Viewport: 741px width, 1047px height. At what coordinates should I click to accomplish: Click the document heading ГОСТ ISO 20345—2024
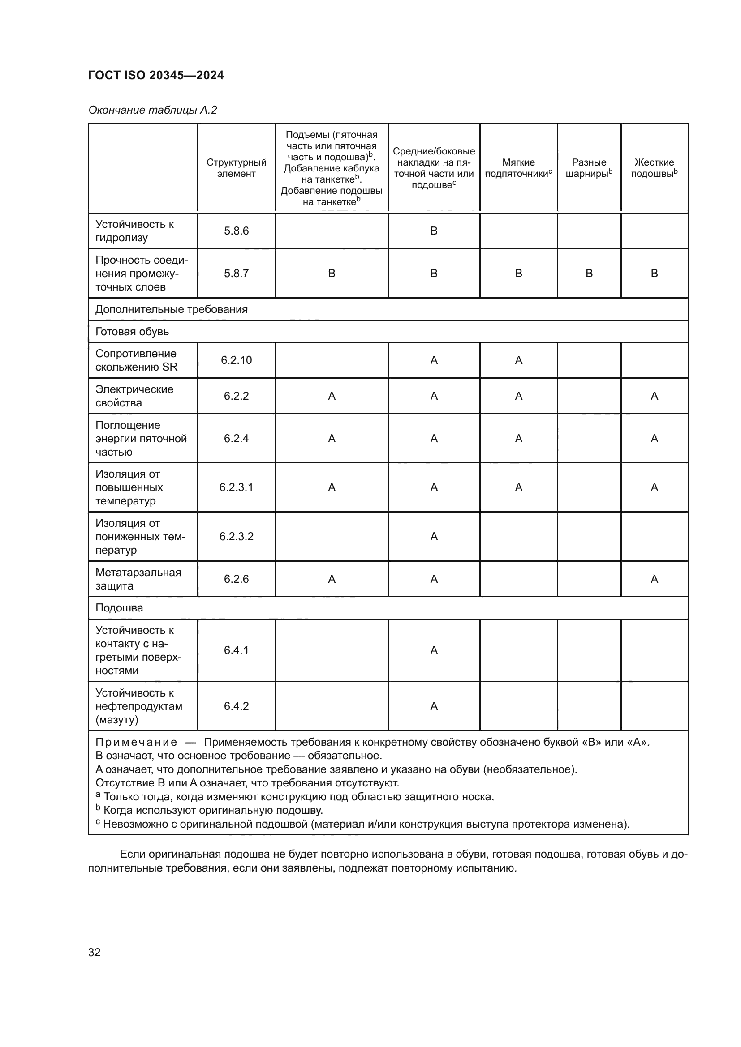[x=156, y=75]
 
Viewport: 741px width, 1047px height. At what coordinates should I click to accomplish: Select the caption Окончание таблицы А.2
[x=152, y=110]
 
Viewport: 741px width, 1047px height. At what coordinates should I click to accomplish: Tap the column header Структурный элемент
[x=236, y=168]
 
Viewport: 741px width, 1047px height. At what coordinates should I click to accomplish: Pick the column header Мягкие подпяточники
[x=518, y=168]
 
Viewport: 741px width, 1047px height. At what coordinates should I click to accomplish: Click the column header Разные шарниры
[x=589, y=168]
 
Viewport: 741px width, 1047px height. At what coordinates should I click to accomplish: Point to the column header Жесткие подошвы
[x=654, y=168]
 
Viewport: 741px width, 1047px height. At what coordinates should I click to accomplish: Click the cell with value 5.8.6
[x=236, y=231]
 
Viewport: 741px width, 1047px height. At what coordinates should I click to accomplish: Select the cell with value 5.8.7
[x=236, y=273]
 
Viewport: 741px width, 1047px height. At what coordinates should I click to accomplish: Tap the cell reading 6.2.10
[x=236, y=360]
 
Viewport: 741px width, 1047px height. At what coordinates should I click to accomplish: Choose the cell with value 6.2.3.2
[x=236, y=536]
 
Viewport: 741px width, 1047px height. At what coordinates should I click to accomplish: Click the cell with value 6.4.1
[x=236, y=650]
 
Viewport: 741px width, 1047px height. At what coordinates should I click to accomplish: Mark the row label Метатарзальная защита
[x=138, y=579]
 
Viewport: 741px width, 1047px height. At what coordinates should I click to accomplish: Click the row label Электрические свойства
[x=134, y=396]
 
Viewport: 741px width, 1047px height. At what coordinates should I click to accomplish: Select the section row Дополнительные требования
[x=171, y=309]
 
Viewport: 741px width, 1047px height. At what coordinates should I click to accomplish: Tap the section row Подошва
[x=119, y=608]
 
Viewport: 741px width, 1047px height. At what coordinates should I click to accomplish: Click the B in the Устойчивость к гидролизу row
[x=434, y=231]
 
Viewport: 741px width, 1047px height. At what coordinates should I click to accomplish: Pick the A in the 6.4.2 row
[x=434, y=706]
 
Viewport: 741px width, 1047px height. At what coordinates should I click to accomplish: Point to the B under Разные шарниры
[x=589, y=273]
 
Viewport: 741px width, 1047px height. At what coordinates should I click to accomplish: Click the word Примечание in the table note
[x=136, y=742]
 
